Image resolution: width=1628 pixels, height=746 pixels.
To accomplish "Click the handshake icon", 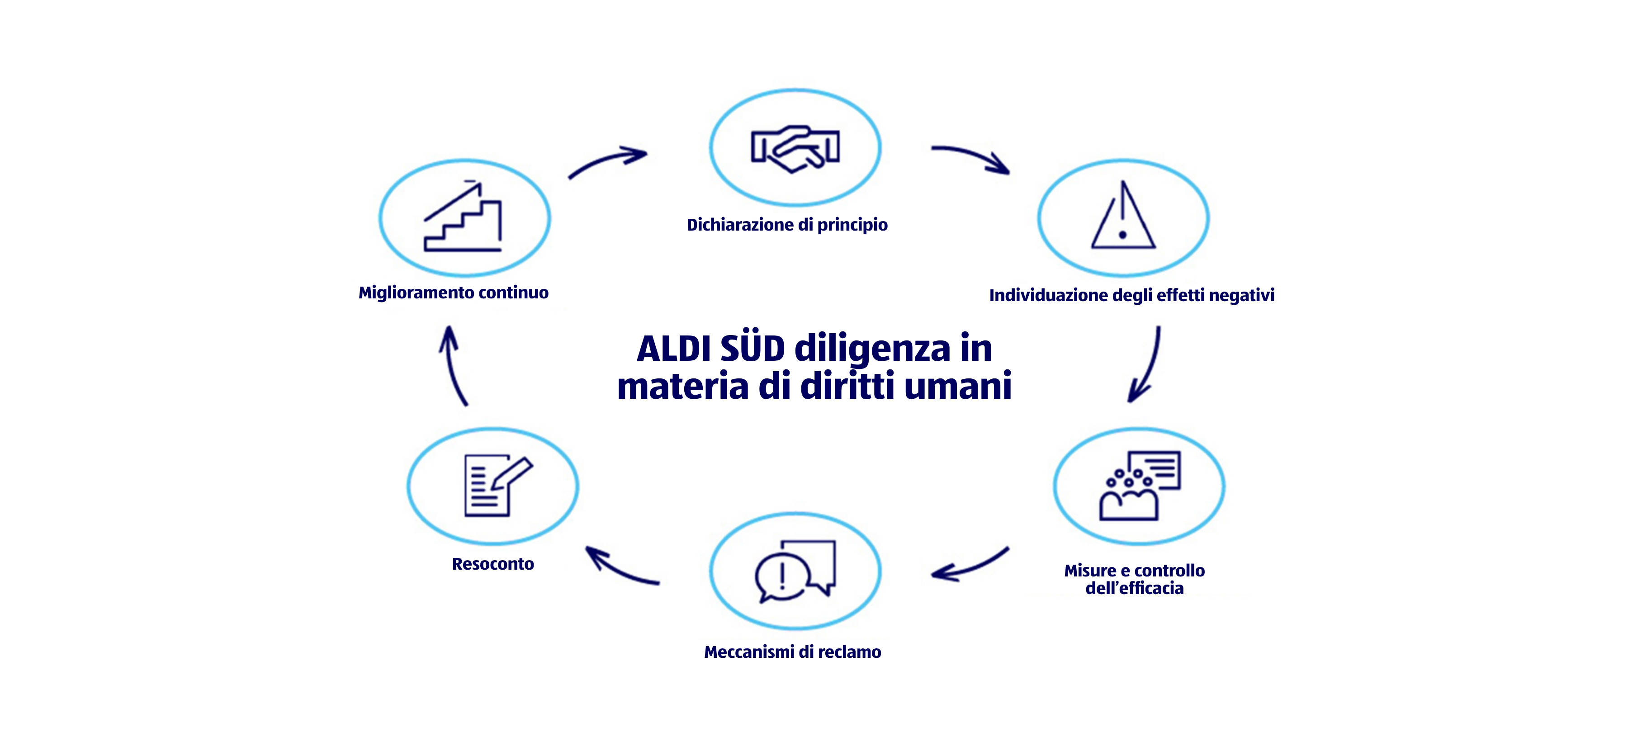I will (795, 148).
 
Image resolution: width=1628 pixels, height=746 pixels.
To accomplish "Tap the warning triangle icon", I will (1123, 217).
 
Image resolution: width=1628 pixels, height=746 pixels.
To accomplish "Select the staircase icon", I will (463, 217).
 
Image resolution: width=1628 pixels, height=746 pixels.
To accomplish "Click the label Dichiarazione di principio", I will (787, 225).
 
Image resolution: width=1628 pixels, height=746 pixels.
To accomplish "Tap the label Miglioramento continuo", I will (453, 293).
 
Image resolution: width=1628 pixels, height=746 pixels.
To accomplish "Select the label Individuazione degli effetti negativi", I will (1131, 295).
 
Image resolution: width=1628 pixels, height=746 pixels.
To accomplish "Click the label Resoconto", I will (493, 563).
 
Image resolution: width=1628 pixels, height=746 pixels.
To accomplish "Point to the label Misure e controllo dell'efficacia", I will (1135, 579).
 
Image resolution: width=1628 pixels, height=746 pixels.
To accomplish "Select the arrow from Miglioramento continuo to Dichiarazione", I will (607, 162).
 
